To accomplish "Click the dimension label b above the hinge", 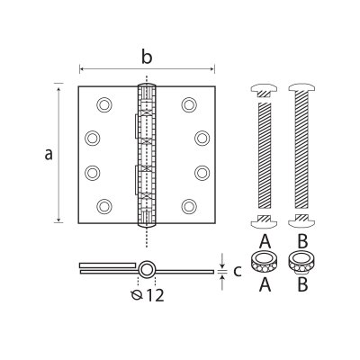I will pyautogui.click(x=147, y=57).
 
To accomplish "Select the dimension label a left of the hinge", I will pyautogui.click(x=49, y=154).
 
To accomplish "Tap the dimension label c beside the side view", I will pyautogui.click(x=237, y=269).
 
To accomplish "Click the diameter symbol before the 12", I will pyautogui.click(x=136, y=294).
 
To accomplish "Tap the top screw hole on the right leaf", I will pyautogui.click(x=188, y=104).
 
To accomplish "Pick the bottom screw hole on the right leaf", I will pyautogui.click(x=188, y=207).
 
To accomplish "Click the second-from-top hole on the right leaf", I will pyautogui.click(x=200, y=138).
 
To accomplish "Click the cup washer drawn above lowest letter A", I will pyautogui.click(x=264, y=263).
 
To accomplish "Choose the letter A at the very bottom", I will pyautogui.click(x=264, y=285).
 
